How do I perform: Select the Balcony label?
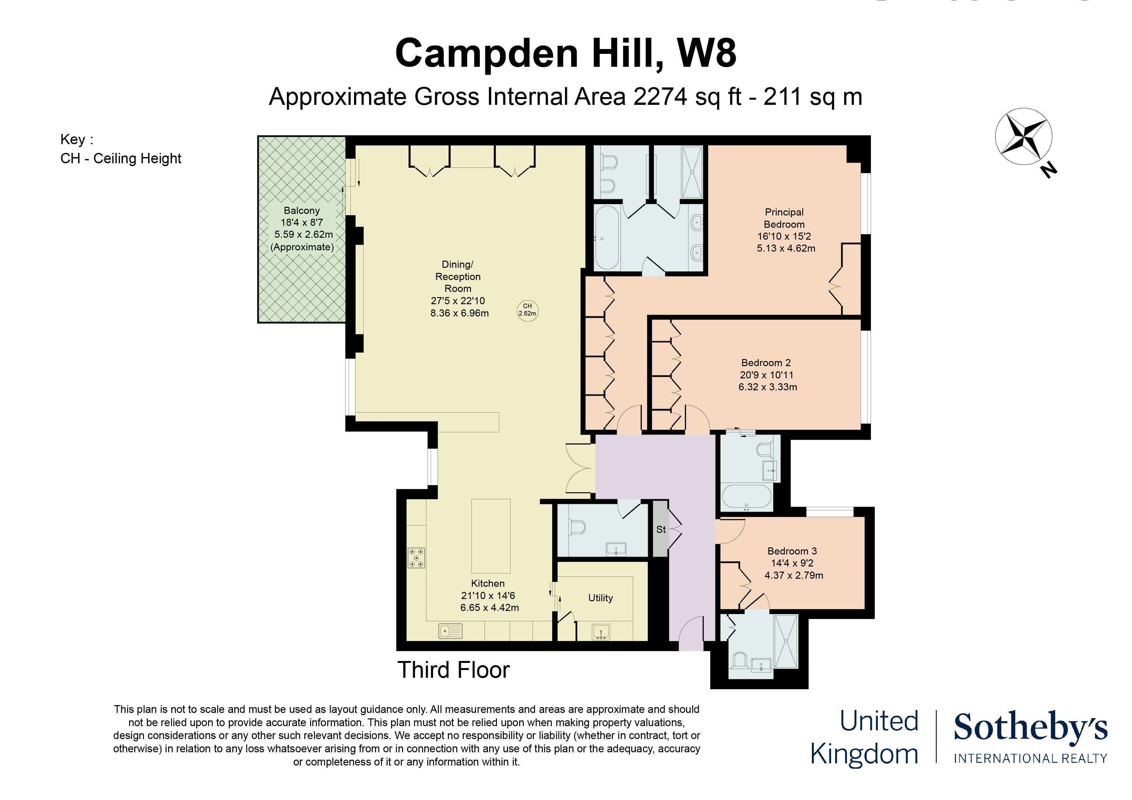point(301,210)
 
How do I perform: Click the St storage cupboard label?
point(661,529)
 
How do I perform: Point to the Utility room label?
point(601,598)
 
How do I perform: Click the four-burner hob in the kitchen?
point(416,558)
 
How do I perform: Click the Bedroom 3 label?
point(792,551)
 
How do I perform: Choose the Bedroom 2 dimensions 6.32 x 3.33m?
point(768,387)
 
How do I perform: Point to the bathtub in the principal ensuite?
point(607,238)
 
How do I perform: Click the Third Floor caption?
point(454,670)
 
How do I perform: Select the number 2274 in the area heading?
point(661,96)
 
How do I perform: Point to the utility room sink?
point(601,631)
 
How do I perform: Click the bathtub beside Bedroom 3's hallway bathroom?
point(746,498)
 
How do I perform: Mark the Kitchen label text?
point(488,583)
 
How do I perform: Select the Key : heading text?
point(77,139)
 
